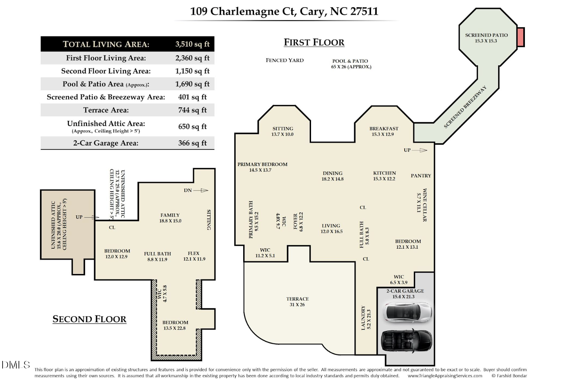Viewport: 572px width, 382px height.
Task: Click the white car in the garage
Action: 407,311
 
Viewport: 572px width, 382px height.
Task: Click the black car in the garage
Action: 407,341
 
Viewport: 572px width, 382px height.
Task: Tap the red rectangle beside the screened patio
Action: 520,37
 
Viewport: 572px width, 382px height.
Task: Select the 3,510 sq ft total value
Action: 192,44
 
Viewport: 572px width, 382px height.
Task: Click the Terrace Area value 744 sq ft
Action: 192,110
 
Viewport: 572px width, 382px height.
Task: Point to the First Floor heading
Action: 314,42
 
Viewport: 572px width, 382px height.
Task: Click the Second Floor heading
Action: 89,319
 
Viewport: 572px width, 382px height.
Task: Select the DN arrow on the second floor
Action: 200,190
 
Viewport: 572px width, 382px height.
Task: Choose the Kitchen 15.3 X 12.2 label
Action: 384,176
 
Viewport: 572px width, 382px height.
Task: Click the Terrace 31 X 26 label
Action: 297,302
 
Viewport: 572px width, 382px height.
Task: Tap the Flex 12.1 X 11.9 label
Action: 194,256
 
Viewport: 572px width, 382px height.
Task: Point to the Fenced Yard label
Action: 285,60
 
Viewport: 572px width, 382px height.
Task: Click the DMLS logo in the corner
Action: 15,365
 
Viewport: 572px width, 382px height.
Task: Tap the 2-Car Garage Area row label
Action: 106,143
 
